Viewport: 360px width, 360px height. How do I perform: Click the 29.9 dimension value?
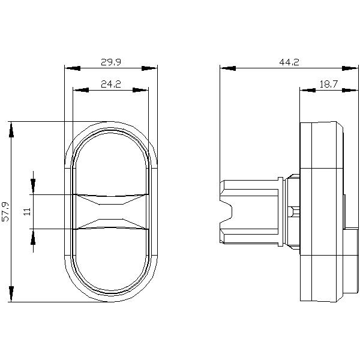click(x=110, y=62)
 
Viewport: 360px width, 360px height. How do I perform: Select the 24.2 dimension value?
click(x=110, y=85)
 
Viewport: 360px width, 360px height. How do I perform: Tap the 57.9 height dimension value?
click(x=7, y=212)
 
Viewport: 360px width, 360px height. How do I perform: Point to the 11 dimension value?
click(x=26, y=211)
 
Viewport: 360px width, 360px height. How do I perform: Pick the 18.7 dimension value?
click(x=328, y=85)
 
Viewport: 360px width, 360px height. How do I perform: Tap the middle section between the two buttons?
click(x=110, y=211)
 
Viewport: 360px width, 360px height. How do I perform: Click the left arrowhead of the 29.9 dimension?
click(x=71, y=68)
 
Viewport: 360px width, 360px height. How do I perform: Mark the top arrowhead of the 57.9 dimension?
click(x=11, y=128)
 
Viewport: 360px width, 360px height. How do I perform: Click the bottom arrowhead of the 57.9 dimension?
click(x=11, y=295)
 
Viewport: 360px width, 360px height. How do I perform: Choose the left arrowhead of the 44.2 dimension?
click(x=227, y=68)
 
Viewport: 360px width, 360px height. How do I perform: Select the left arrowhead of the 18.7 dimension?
click(x=307, y=91)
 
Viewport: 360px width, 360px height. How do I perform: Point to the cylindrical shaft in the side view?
click(x=252, y=211)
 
